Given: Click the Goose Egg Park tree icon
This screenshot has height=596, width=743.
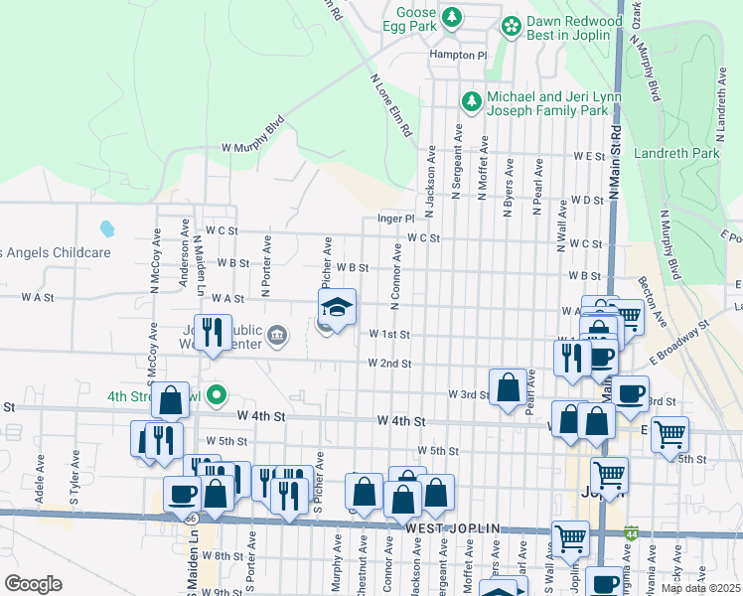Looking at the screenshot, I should pos(452,17).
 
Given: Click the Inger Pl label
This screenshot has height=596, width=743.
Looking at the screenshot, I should pos(394,219).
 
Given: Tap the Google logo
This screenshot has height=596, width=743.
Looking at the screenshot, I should pos(33,584).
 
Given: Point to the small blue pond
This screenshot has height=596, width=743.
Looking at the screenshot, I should pos(106,228).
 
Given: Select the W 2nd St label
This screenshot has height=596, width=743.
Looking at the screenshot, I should pos(389,364).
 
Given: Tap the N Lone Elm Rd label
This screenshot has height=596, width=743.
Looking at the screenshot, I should pos(391,105).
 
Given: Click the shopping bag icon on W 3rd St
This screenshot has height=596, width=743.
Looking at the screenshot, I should pos(508,388).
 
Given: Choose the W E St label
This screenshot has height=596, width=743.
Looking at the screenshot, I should pos(588,157).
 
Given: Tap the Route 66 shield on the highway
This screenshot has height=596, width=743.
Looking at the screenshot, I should pos(189,520).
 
